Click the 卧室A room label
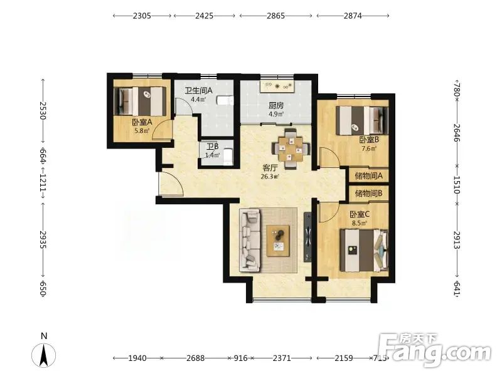pyautogui.click(x=142, y=122)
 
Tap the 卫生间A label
pyautogui.click(x=198, y=91)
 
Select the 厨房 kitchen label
pyautogui.click(x=276, y=105)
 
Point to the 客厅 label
pyautogui.click(x=270, y=168)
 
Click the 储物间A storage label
pyautogui.click(x=368, y=176)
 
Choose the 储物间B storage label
pyautogui.click(x=368, y=194)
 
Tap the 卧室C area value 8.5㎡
pyautogui.click(x=360, y=223)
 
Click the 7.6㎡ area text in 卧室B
pyautogui.click(x=369, y=149)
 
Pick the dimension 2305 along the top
pyautogui.click(x=142, y=16)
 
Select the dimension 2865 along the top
pyautogui.click(x=275, y=16)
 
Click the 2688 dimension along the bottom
pyautogui.click(x=196, y=358)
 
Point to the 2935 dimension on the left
pyautogui.click(x=43, y=239)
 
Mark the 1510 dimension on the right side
pyautogui.click(x=457, y=185)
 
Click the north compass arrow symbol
pyautogui.click(x=43, y=355)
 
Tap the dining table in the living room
pyautogui.click(x=291, y=149)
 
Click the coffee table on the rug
pyautogui.click(x=278, y=241)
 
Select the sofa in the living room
pyautogui.click(x=250, y=240)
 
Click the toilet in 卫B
pyautogui.click(x=227, y=157)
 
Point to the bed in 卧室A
pyautogui.click(x=140, y=102)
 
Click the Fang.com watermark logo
pyautogui.click(x=434, y=350)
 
